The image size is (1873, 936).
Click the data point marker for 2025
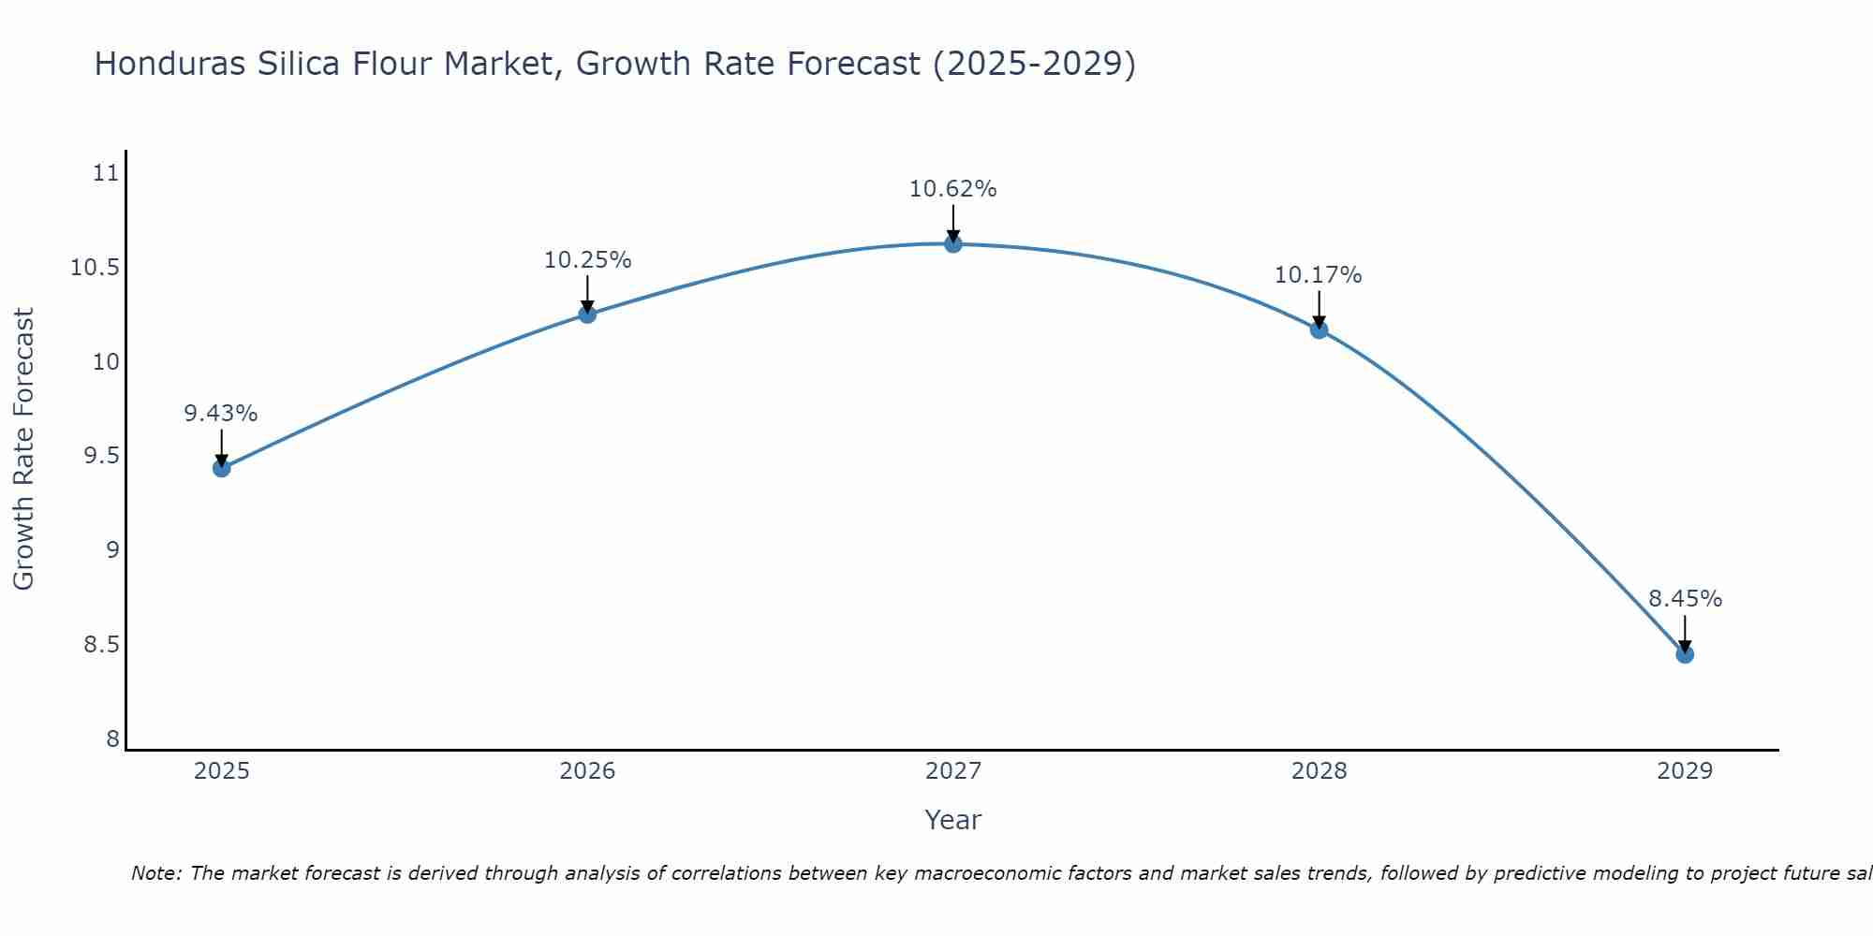coord(222,468)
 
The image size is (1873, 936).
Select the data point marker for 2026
coord(587,314)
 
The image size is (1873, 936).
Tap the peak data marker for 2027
coord(953,244)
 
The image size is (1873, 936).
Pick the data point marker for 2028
coord(1319,329)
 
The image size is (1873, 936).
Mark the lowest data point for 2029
coord(1685,654)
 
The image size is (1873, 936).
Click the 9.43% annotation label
coord(221,414)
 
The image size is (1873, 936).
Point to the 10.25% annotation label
coord(587,260)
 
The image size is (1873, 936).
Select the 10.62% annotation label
coord(953,189)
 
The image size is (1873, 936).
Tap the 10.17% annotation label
coord(1319,275)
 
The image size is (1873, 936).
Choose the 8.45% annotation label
coord(1685,599)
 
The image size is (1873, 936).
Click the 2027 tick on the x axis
coord(953,771)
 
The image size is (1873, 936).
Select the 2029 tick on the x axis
coord(1685,771)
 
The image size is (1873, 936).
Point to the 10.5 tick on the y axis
coord(96,269)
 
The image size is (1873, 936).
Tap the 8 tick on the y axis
coord(113,739)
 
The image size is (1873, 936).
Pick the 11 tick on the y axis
coord(106,173)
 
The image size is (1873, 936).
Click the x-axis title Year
coord(953,820)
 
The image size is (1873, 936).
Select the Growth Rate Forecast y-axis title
coord(23,449)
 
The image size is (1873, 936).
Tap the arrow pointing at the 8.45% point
coord(1685,635)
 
